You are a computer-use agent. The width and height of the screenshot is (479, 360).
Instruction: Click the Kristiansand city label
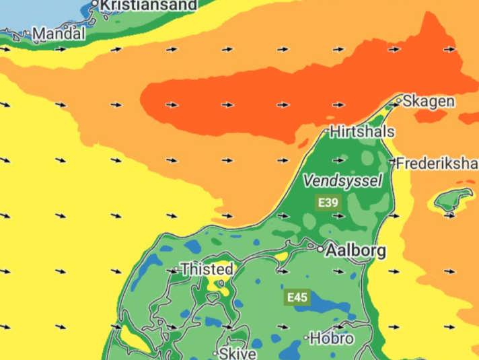coord(149,5)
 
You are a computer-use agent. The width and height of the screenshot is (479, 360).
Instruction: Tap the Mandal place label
coord(59,33)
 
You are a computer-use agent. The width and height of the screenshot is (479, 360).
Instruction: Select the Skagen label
coord(429,102)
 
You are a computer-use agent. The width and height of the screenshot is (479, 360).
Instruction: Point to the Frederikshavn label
coord(437,163)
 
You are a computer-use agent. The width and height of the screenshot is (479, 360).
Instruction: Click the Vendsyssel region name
coord(342,180)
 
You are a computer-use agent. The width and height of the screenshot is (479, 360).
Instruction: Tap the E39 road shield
coord(328,202)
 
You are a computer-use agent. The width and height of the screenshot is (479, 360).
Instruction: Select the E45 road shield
coord(297,297)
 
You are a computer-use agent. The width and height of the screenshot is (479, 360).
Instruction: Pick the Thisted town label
coord(207,269)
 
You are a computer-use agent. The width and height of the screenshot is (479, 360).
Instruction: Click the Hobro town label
coord(332,338)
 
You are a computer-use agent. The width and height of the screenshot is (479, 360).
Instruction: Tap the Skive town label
coord(238,353)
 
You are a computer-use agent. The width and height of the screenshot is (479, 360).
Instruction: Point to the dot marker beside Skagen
coord(398,101)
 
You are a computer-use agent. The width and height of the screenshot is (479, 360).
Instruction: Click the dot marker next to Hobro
coord(306,338)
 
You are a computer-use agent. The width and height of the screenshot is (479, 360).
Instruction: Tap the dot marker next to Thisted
coord(176,270)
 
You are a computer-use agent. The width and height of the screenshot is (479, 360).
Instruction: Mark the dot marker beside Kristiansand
coord(95,4)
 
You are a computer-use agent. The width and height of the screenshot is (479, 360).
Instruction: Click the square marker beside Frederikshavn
coord(392,161)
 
